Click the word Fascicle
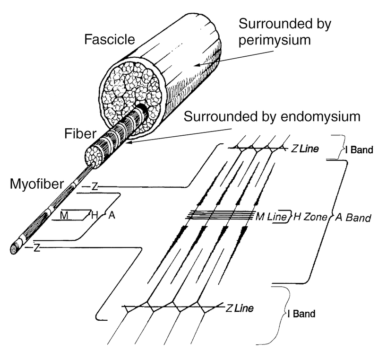pos(110,39)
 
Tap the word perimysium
pos(275,40)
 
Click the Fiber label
pos(80,133)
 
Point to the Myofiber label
pos(37,184)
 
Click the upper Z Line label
pos(305,149)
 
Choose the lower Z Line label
pos(240,308)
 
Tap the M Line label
pos(271,217)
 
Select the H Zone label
pos(310,217)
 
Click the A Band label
pos(353,218)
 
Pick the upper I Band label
pos(359,150)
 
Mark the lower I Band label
pos(301,314)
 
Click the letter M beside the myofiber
pos(64,215)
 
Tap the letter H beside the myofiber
pos(94,215)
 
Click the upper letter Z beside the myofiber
pos(95,186)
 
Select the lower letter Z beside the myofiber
pos(37,248)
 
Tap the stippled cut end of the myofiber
pos(14,249)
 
